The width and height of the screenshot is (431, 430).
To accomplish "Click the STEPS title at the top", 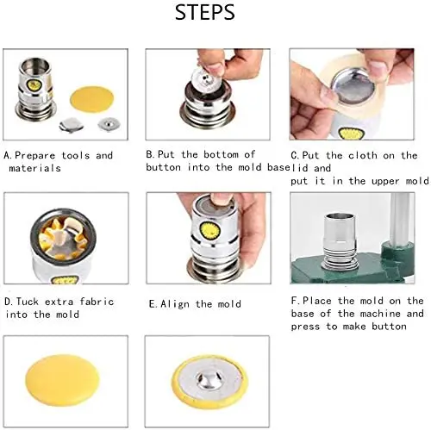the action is (x=205, y=12).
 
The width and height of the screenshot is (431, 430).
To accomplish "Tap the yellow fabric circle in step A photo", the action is (x=91, y=98).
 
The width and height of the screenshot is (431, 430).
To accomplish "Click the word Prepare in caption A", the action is (x=34, y=155).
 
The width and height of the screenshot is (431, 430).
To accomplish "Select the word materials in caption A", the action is (x=34, y=168).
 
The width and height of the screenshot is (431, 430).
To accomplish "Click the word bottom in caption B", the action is (x=222, y=154).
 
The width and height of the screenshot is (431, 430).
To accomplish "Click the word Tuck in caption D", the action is (x=28, y=302).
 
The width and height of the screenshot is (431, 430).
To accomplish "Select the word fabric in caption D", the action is (x=97, y=302).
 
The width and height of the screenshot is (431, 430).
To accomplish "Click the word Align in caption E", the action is (x=175, y=304).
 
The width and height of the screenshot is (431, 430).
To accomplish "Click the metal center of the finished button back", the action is (x=209, y=379).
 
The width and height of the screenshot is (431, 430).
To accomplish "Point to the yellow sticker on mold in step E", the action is (x=209, y=230).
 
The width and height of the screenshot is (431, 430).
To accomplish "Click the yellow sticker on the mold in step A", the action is (x=34, y=85).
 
